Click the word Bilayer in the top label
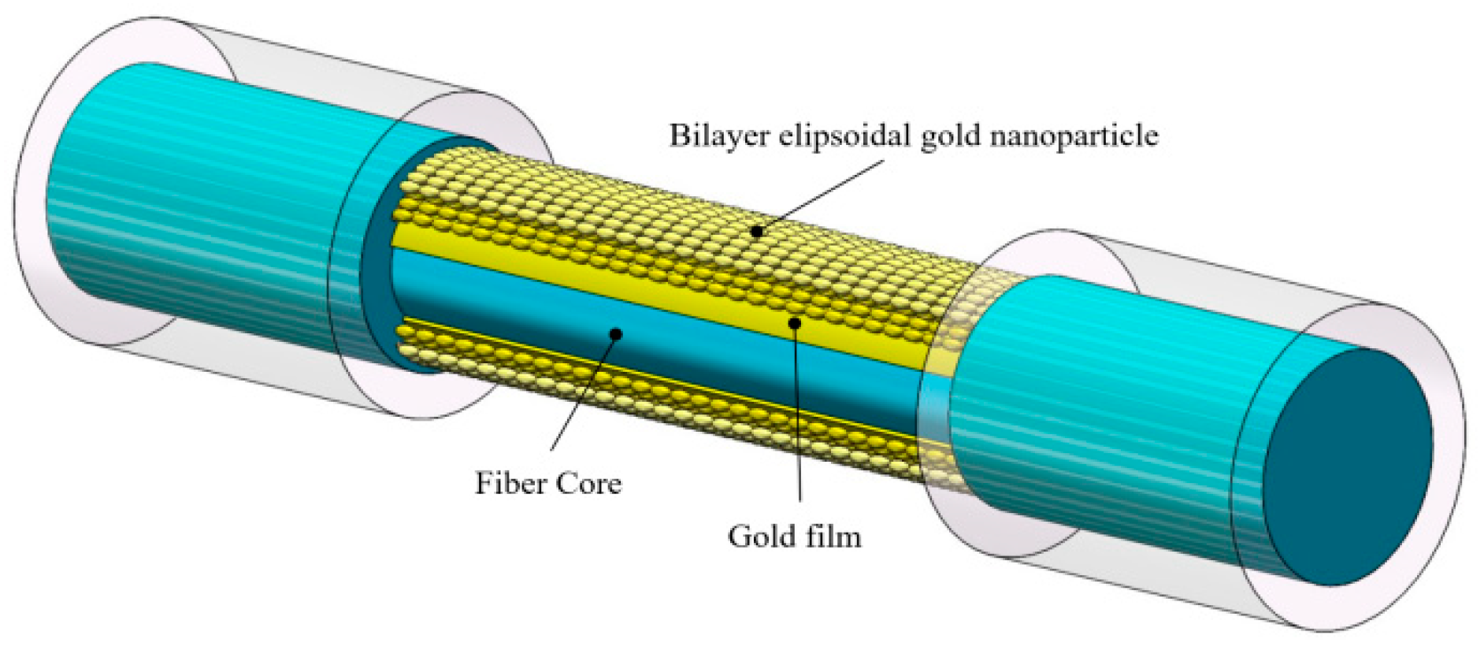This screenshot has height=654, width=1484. coord(718,136)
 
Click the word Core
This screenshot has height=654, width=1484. coord(588,483)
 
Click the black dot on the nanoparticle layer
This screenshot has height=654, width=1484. coord(757,232)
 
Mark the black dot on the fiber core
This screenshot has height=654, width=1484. coord(616,334)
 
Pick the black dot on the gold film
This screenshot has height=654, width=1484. coord(795,323)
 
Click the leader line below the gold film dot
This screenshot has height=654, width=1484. coord(798,418)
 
